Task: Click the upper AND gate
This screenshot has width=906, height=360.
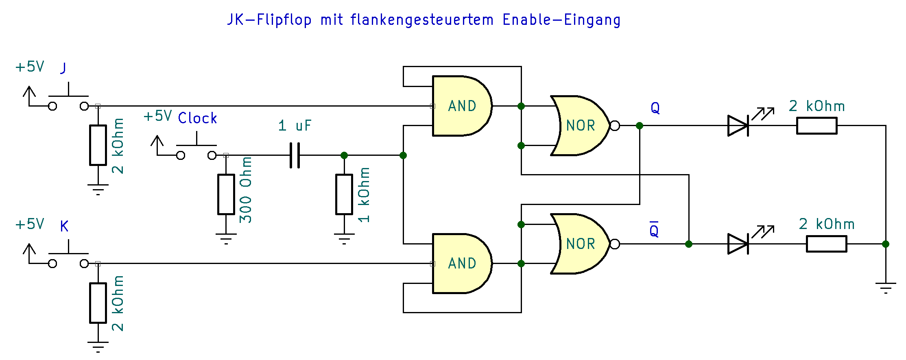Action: tap(461, 106)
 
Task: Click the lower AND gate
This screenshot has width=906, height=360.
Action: tap(461, 263)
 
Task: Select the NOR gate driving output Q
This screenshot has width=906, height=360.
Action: tap(580, 125)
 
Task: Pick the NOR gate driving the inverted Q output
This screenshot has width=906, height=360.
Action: tap(580, 244)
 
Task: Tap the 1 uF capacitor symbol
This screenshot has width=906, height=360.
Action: tap(295, 155)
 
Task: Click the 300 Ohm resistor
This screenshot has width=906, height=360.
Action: tap(226, 194)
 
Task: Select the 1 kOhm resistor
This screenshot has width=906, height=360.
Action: tap(344, 194)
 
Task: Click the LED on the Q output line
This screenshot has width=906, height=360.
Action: tap(738, 125)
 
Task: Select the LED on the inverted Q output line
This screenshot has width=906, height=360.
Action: tap(738, 244)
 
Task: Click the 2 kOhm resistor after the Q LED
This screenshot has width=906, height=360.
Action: tap(816, 125)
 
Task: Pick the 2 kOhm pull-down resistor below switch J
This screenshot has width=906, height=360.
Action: tap(98, 145)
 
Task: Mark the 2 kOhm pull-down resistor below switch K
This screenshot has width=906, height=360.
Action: tap(98, 303)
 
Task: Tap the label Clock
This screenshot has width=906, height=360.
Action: tap(197, 118)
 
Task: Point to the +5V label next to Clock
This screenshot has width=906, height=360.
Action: tap(157, 116)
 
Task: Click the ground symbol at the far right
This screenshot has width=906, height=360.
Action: tap(886, 288)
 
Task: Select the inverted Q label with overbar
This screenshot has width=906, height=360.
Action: tap(654, 230)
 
